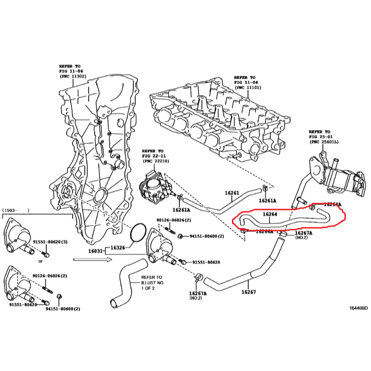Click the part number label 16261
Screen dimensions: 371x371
(232, 193)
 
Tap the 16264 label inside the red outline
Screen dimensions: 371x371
(270, 214)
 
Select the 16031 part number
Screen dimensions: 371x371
(95, 251)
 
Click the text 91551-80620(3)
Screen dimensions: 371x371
(50, 242)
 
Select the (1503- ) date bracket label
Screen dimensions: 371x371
(16, 210)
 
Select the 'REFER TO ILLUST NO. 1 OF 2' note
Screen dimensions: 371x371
(152, 282)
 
